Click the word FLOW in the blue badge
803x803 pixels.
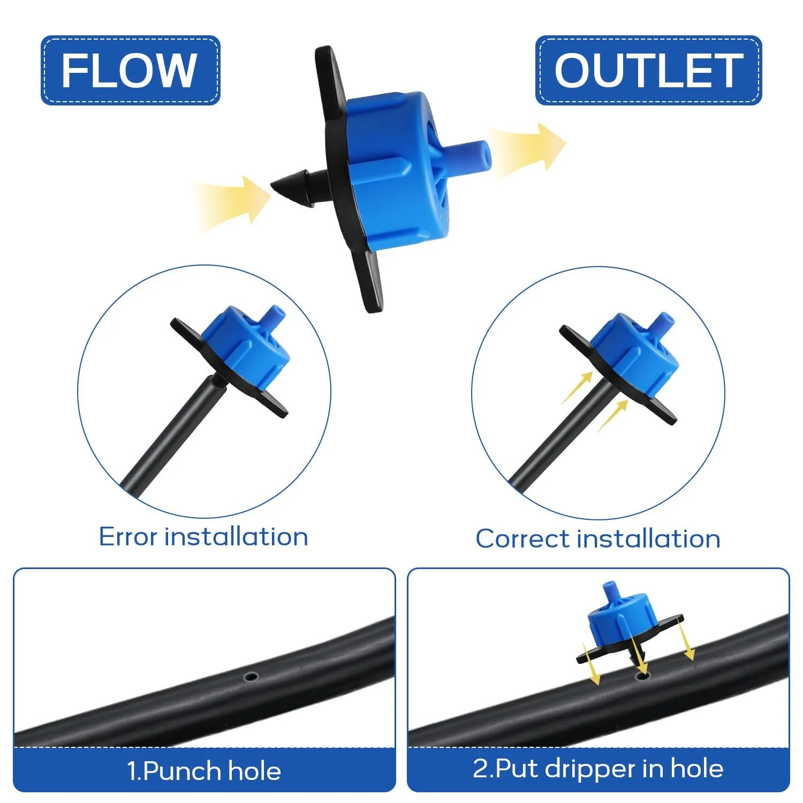[x=129, y=70]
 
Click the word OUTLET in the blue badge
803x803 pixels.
[x=648, y=70]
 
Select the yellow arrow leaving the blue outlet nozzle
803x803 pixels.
[x=527, y=150]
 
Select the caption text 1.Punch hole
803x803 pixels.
[x=204, y=771]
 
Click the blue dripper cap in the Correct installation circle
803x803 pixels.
[x=634, y=351]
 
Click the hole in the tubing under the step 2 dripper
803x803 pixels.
[x=641, y=677]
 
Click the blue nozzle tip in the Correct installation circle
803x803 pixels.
[x=663, y=320]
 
